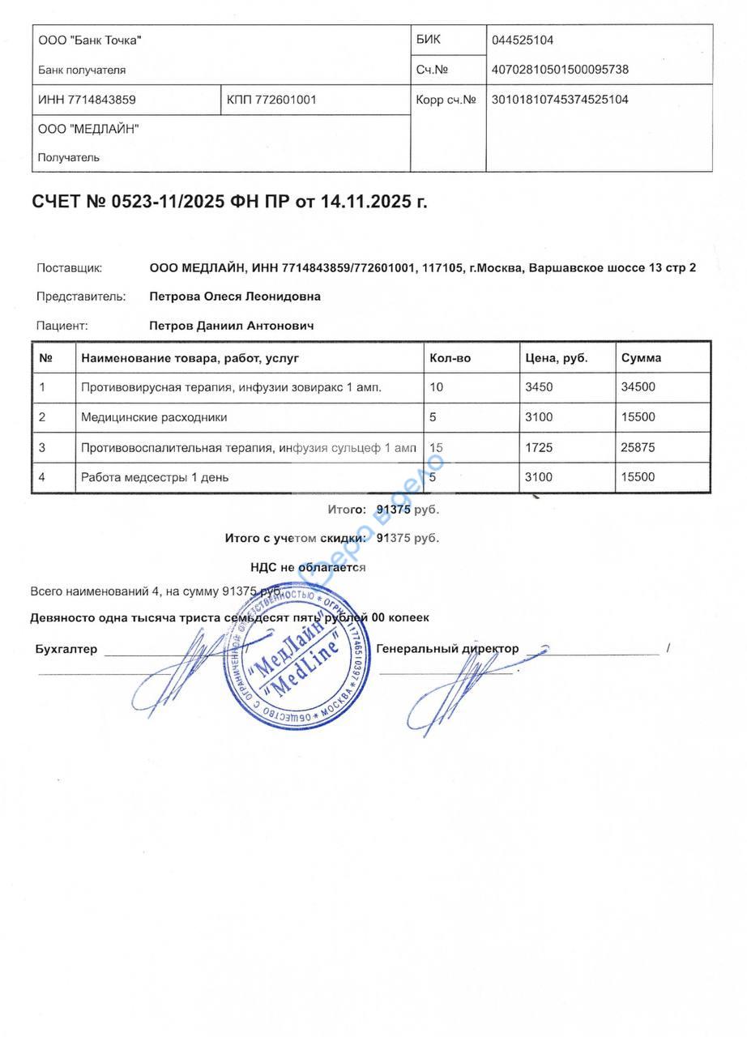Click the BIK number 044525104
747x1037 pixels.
coord(523,41)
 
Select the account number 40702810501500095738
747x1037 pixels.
coord(560,70)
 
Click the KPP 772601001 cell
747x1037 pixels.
coord(271,100)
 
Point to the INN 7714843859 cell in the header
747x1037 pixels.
coord(87,100)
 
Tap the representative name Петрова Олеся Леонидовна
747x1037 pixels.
coord(235,297)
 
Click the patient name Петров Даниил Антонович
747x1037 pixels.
coord(232,326)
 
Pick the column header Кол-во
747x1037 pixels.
coord(450,357)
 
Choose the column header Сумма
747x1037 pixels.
coord(641,357)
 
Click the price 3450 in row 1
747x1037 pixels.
coord(539,387)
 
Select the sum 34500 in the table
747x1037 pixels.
coord(638,387)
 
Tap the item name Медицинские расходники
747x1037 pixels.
coord(154,417)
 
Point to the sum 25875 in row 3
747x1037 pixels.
coord(638,447)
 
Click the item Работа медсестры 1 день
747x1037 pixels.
coord(155,477)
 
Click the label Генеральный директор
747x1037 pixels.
coord(447,649)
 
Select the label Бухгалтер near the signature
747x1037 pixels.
coord(66,649)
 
